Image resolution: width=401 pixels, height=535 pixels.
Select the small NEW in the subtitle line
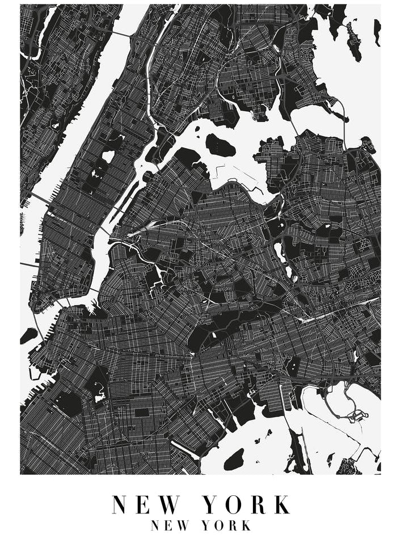170,525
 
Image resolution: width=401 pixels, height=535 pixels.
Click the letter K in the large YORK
282,504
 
